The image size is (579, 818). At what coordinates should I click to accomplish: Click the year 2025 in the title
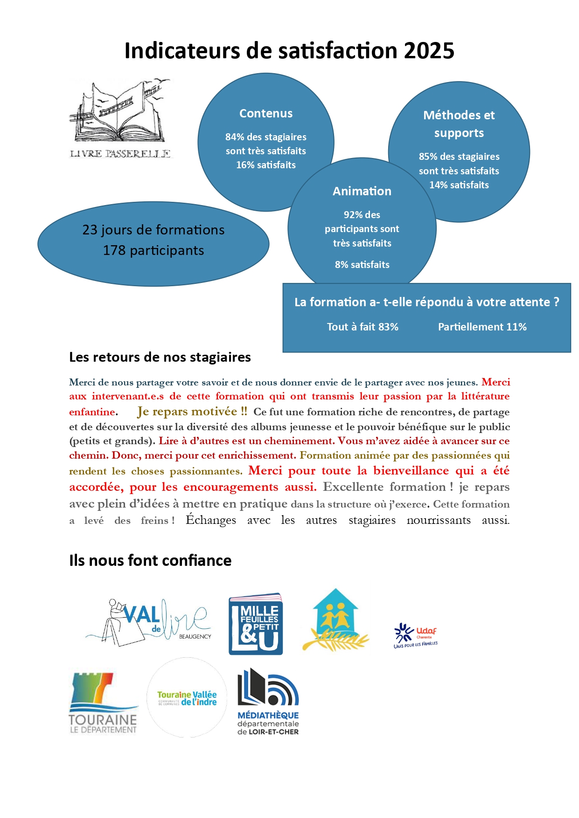coord(429,51)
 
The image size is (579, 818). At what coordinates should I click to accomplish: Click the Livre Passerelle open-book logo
coord(120,119)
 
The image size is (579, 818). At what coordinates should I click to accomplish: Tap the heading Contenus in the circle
coord(266,114)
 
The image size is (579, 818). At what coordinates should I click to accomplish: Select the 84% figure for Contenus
coord(235,137)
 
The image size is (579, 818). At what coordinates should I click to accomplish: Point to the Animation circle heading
coord(362,192)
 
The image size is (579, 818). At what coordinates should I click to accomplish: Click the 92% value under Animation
coord(353,215)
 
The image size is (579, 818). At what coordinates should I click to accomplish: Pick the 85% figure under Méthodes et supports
coord(428,157)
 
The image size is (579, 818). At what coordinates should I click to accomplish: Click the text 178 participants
coord(153,251)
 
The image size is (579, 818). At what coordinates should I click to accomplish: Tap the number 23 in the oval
coord(90,230)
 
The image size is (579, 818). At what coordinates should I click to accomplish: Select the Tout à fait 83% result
coord(363,327)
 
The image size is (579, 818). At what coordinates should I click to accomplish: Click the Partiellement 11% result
coord(482,327)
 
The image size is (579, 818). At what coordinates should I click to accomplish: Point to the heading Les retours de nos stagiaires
coord(160,357)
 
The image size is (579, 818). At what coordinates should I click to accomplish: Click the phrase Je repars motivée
coord(192,412)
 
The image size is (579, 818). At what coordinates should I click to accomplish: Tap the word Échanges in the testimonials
coord(211,520)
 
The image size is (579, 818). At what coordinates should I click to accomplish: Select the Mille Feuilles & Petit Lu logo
coord(256,624)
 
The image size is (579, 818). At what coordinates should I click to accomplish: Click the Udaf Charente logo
coord(416,635)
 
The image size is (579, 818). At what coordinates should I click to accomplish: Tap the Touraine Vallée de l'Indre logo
coord(187,698)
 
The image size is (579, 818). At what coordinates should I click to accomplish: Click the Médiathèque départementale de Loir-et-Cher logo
coord(268,702)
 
